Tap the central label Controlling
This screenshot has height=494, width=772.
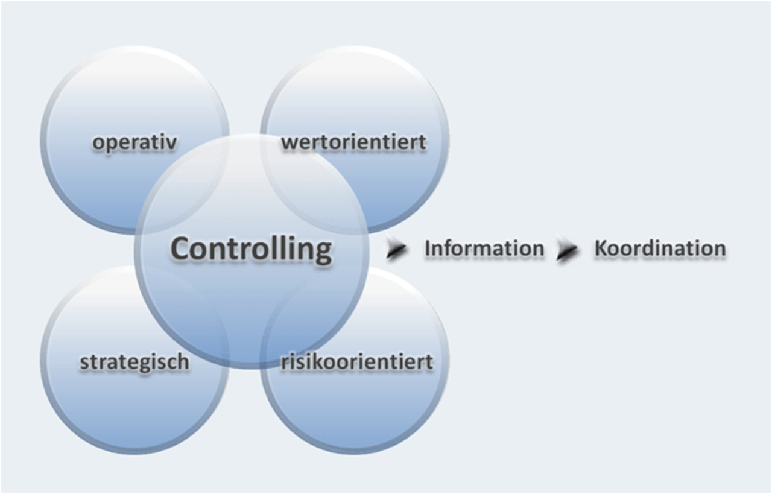pyautogui.click(x=251, y=249)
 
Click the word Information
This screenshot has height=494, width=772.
pyautogui.click(x=484, y=248)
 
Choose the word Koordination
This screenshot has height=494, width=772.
pyautogui.click(x=660, y=248)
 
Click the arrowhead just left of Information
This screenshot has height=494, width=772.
pyautogui.click(x=396, y=249)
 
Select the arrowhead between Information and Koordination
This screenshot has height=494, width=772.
pyautogui.click(x=567, y=249)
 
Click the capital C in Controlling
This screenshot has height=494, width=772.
pyautogui.click(x=180, y=249)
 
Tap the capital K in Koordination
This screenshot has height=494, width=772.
pyautogui.click(x=601, y=248)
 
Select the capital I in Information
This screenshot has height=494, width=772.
pyautogui.click(x=428, y=248)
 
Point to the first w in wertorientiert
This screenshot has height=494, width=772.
pyautogui.click(x=289, y=143)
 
